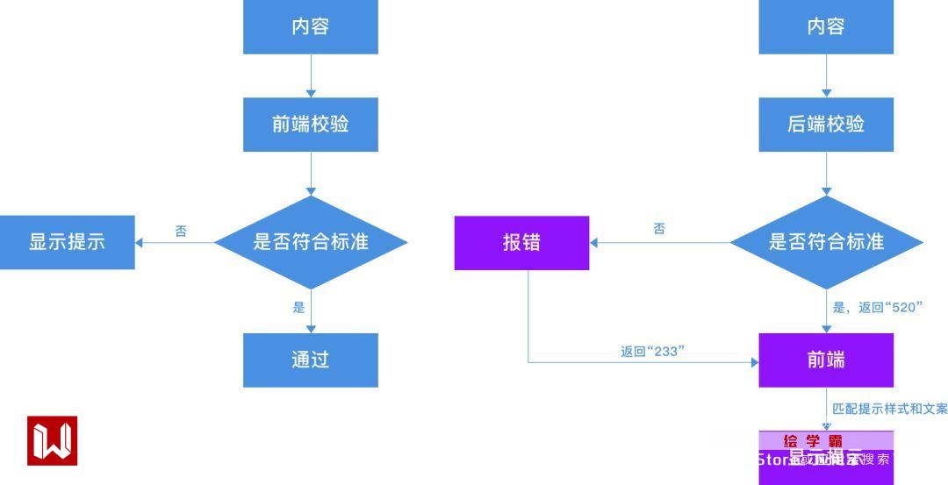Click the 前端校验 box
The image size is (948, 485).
(x=311, y=125)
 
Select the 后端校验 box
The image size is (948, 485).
(x=826, y=125)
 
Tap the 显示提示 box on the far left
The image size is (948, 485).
(x=67, y=242)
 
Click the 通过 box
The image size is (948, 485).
(x=311, y=360)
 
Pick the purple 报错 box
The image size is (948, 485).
(x=521, y=243)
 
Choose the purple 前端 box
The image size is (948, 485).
(x=826, y=360)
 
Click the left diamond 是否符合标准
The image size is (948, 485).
(x=311, y=242)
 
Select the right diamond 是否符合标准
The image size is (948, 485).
(x=826, y=242)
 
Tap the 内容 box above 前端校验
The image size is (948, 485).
(x=311, y=27)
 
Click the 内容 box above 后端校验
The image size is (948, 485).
(x=826, y=27)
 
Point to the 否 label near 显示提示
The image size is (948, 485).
(x=181, y=232)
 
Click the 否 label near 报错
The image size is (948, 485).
(x=659, y=229)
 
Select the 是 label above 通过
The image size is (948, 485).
(x=298, y=307)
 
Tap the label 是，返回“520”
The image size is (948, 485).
(x=889, y=307)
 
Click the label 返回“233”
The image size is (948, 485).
(x=652, y=352)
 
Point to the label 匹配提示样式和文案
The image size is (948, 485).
(x=889, y=409)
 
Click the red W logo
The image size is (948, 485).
(x=53, y=440)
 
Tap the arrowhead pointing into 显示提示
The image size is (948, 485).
(x=140, y=243)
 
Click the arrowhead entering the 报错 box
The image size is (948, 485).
(x=593, y=243)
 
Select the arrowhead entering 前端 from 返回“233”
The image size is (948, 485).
(x=754, y=360)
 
